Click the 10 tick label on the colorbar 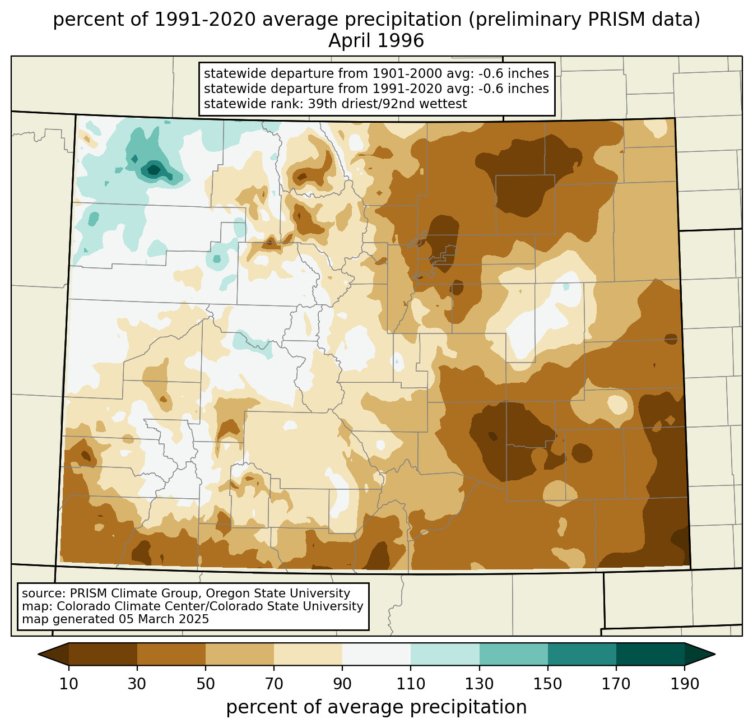click(x=68, y=684)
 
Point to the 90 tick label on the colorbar click(x=342, y=684)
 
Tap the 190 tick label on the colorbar click(x=685, y=684)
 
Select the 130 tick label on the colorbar click(x=479, y=684)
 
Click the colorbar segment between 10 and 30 click(x=103, y=654)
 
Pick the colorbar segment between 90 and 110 click(x=376, y=654)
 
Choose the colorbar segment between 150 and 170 click(x=582, y=654)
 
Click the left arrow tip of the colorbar click(x=38, y=654)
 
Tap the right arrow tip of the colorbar click(x=715, y=654)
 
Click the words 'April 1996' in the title click(x=376, y=41)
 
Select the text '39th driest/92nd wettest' click(x=387, y=104)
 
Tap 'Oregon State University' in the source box click(x=278, y=593)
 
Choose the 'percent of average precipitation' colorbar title click(x=376, y=707)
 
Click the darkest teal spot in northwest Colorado click(x=154, y=169)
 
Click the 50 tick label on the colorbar click(x=206, y=684)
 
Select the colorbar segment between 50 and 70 click(x=240, y=654)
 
